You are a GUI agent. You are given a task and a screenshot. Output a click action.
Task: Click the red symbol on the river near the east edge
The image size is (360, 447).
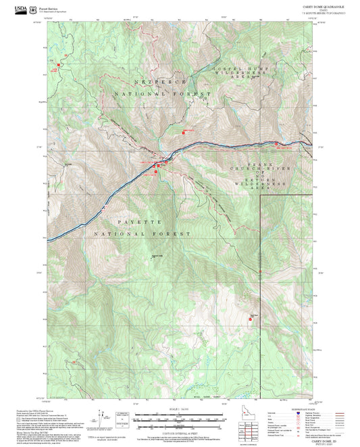[x=276, y=143]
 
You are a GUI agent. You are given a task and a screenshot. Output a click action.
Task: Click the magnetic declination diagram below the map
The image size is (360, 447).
[x=103, y=417]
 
